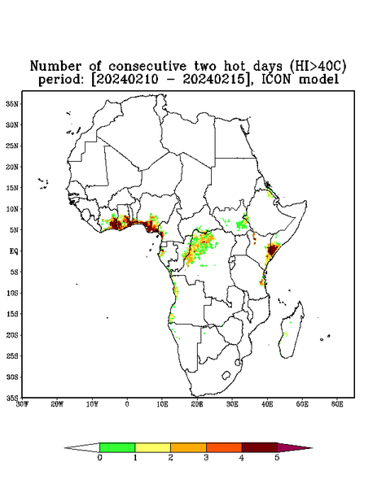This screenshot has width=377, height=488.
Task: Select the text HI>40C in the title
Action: tap(318, 66)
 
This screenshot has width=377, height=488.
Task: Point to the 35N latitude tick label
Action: tap(12, 103)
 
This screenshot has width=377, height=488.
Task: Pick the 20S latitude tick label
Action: tap(12, 335)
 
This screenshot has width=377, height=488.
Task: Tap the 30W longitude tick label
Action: tap(22, 404)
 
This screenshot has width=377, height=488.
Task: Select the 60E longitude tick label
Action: tap(337, 404)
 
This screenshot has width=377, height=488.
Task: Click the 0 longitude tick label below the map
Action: tap(127, 404)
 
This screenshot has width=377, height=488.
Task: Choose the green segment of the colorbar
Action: tap(117, 447)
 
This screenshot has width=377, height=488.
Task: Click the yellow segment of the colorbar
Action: tap(152, 447)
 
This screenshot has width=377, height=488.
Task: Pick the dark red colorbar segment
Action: tap(260, 447)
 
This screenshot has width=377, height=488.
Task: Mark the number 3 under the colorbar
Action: tap(206, 458)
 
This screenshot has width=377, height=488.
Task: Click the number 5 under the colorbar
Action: tap(277, 458)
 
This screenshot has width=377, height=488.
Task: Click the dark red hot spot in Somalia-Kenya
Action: tap(272, 250)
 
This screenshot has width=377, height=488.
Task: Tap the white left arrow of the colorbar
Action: tap(82, 447)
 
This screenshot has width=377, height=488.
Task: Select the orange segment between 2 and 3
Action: tap(188, 447)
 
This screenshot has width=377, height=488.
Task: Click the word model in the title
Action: tap(318, 79)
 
